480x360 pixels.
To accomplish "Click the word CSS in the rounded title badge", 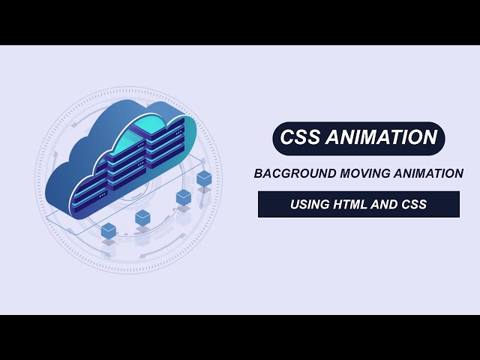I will [x=300, y=138].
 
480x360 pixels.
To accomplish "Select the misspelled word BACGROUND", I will [x=289, y=173].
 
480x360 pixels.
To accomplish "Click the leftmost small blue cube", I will [x=109, y=229].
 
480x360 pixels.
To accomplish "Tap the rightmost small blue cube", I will [x=204, y=178].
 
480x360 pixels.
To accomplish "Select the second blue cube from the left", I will [x=142, y=217].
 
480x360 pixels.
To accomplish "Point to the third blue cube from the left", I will [x=183, y=197].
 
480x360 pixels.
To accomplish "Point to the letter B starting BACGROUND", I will [x=259, y=173].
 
